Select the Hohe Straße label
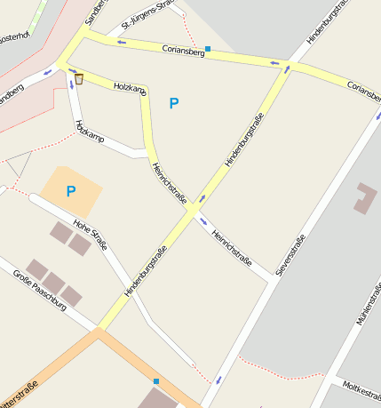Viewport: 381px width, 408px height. (x=91, y=233)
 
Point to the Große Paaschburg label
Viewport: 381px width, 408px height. (x=40, y=290)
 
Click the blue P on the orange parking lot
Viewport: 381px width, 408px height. (x=71, y=191)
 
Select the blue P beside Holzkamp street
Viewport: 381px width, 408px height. (x=174, y=104)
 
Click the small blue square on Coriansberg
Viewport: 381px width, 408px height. (x=208, y=48)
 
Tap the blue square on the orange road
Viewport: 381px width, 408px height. (x=156, y=381)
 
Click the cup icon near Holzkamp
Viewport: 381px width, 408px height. (x=79, y=79)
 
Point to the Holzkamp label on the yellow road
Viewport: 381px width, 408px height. (x=130, y=88)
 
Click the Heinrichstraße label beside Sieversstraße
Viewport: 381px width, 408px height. (x=234, y=249)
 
